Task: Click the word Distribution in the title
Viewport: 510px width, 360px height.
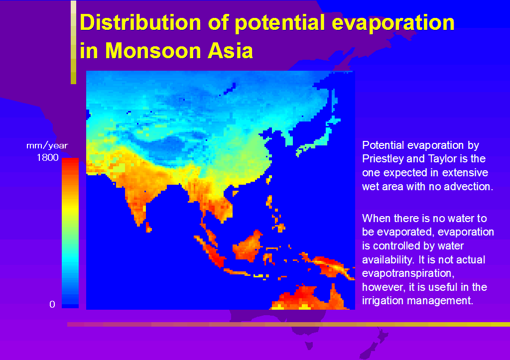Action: pyautogui.click(x=140, y=22)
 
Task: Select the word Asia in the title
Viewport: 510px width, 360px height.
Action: pyautogui.click(x=230, y=51)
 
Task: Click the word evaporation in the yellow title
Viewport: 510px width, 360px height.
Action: pyautogui.click(x=393, y=23)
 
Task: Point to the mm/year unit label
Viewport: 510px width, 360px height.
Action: pyautogui.click(x=47, y=145)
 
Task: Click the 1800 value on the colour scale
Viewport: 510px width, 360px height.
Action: pyautogui.click(x=47, y=158)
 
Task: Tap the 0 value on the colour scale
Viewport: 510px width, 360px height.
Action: pyautogui.click(x=52, y=304)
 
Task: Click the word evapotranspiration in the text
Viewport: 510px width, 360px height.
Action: pyautogui.click(x=408, y=273)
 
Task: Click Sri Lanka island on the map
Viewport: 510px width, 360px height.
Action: pyautogui.click(x=148, y=228)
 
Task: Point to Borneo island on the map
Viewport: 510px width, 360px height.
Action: pyautogui.click(x=247, y=246)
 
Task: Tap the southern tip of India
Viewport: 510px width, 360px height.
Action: pyautogui.click(x=139, y=225)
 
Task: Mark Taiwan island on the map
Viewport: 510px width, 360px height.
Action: pyautogui.click(x=268, y=180)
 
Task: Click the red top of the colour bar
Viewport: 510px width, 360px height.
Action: pyautogui.click(x=70, y=161)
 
